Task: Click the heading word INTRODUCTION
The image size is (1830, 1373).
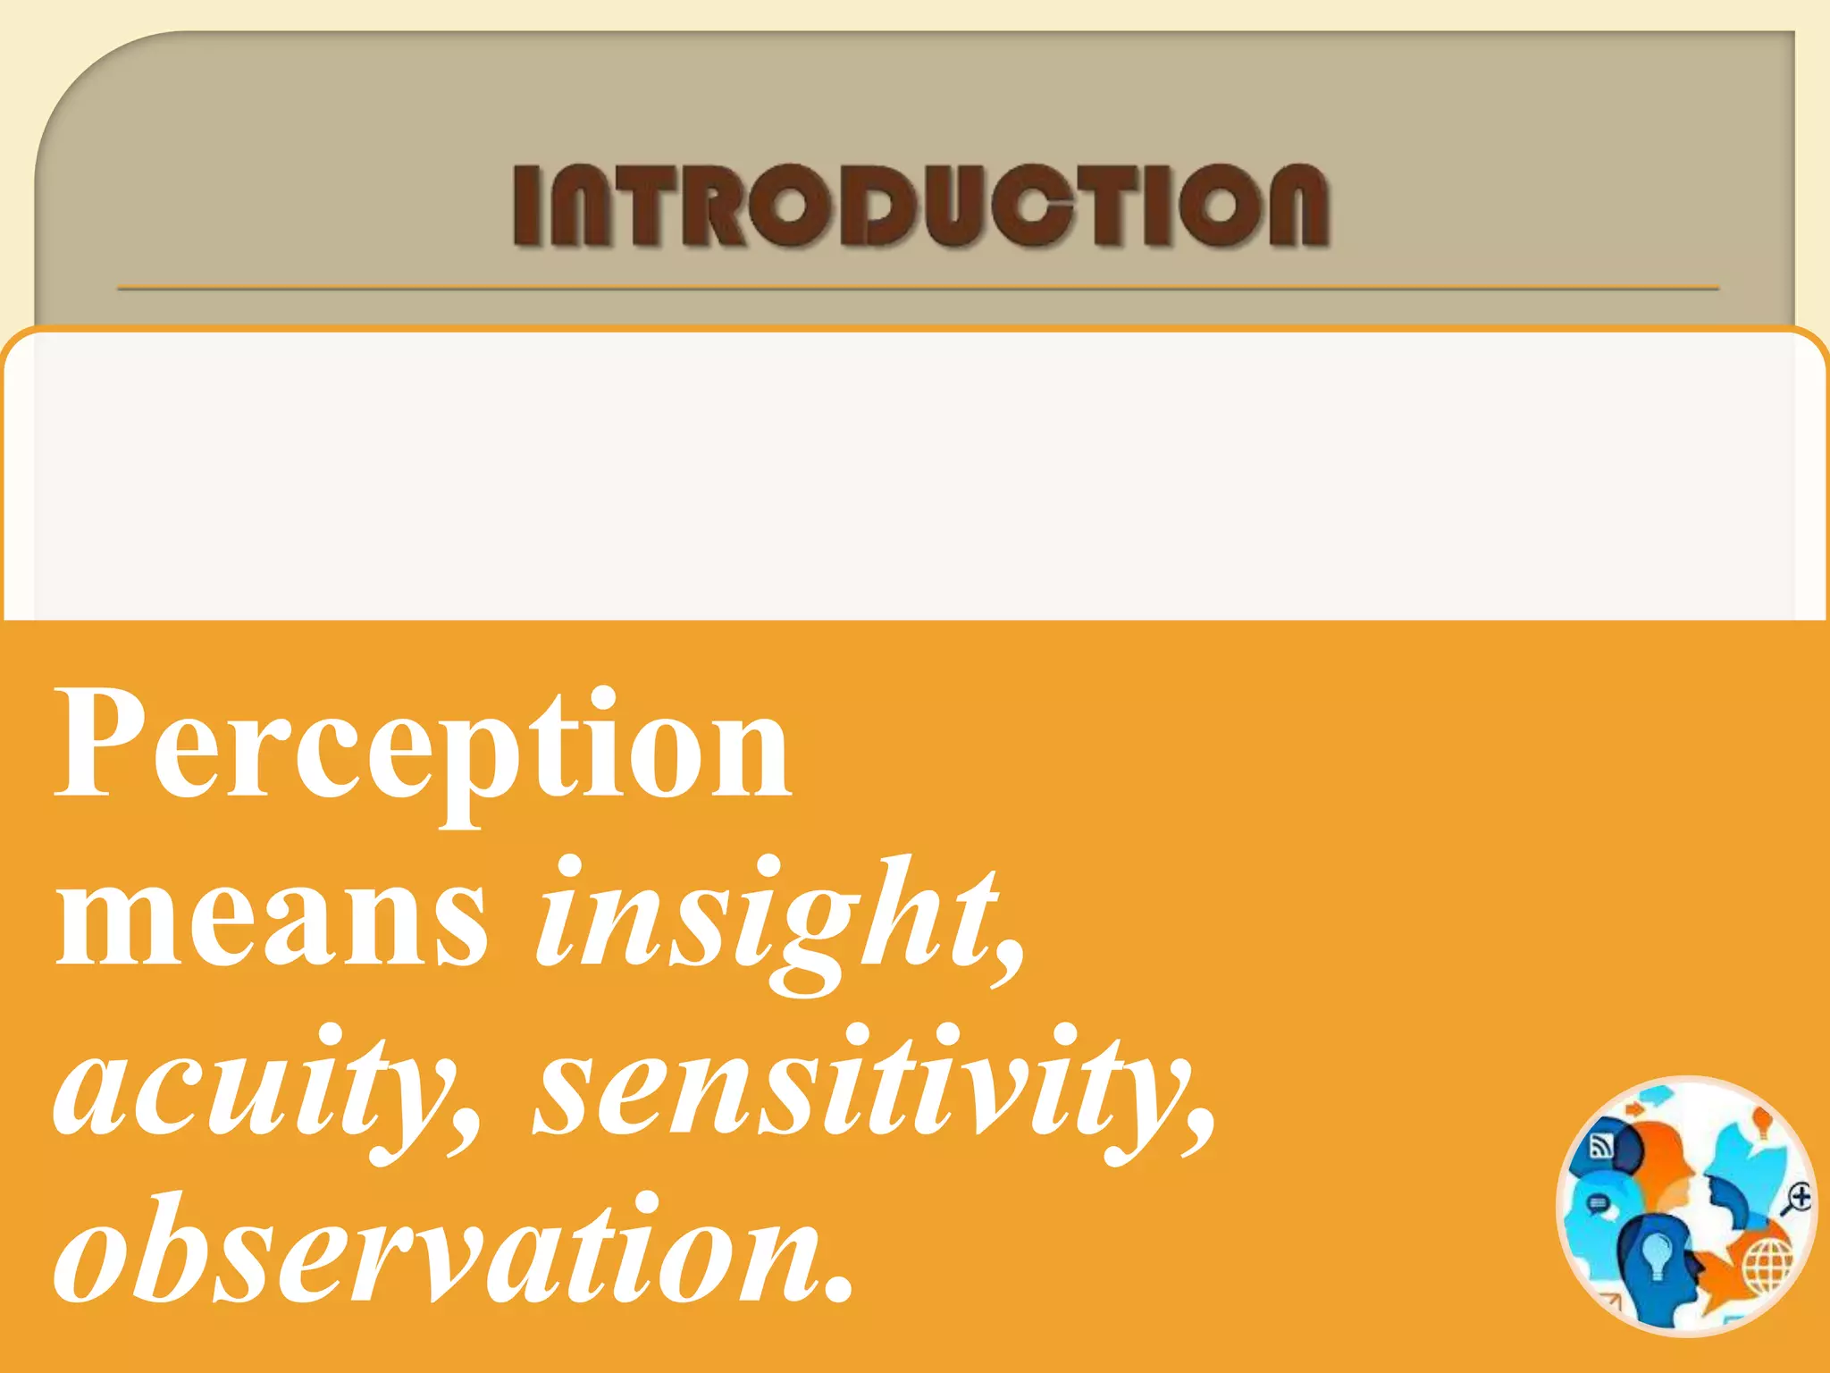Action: click(x=920, y=205)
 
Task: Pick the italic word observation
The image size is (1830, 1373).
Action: click(x=438, y=1251)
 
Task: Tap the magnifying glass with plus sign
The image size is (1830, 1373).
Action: click(x=1797, y=1197)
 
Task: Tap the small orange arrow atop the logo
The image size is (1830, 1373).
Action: click(x=1634, y=1109)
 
